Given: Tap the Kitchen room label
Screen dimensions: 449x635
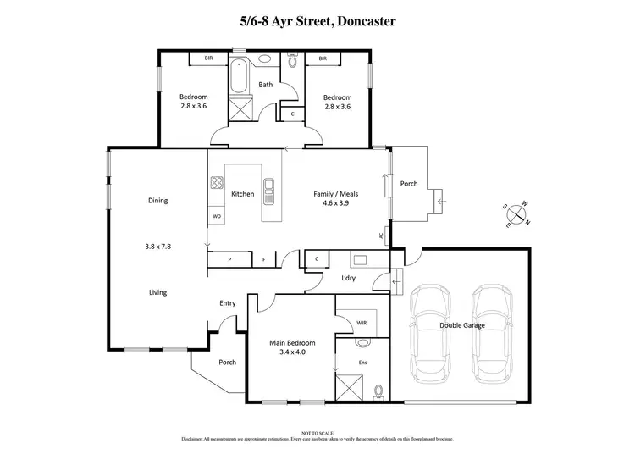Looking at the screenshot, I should [x=243, y=194].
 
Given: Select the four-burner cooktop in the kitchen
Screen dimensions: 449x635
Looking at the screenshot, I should [x=217, y=182].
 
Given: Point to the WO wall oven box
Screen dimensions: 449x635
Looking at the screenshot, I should [x=217, y=217].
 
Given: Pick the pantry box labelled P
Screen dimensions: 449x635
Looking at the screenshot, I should [x=229, y=258].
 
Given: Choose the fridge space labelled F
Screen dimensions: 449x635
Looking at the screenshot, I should [x=263, y=258].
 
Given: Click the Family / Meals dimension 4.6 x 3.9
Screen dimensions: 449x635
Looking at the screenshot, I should [x=334, y=203].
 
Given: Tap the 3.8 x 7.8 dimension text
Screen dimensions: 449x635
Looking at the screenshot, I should [x=157, y=247].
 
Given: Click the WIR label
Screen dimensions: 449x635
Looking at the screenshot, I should [x=362, y=323].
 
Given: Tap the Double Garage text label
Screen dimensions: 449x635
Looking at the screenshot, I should [x=461, y=324].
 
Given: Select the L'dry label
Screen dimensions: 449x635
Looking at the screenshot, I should [x=348, y=279].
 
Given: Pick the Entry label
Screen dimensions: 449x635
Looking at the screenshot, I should [x=228, y=303].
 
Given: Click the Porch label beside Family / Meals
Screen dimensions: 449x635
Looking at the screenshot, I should [x=409, y=184].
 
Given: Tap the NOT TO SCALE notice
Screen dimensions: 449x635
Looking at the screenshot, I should [x=317, y=432].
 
